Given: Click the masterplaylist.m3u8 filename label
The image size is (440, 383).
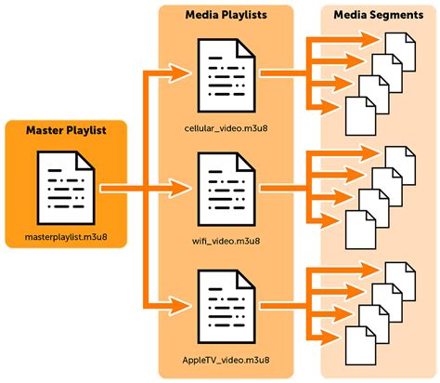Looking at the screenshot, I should pos(67,239).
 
